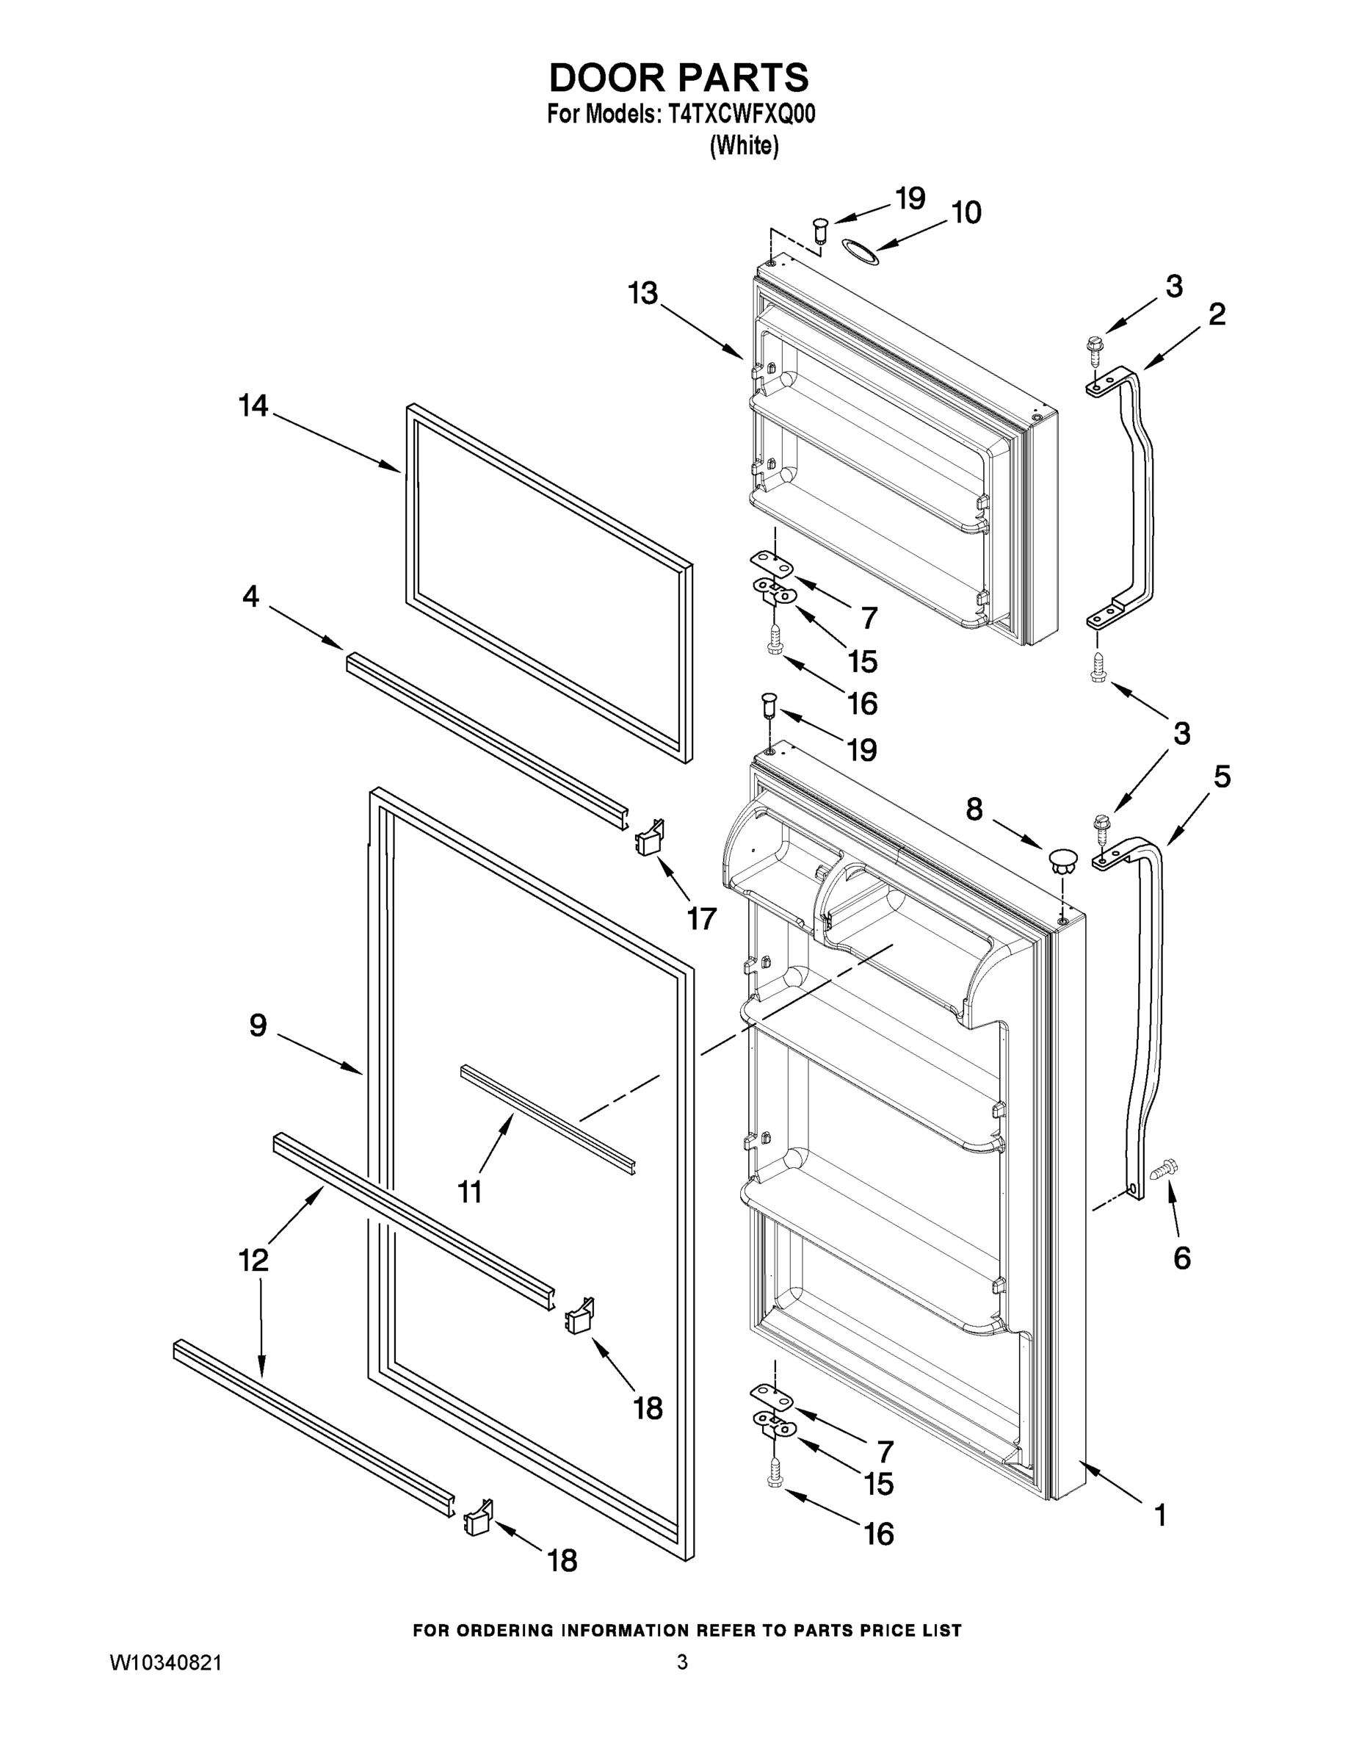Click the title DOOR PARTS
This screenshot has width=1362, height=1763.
coord(678,79)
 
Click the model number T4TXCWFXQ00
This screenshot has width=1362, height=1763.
coord(741,115)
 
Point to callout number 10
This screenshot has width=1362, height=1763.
coord(966,212)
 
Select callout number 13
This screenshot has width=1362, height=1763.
coord(643,293)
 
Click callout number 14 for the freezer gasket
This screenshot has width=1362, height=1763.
coord(253,405)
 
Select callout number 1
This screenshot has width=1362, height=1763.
coord(1160,1515)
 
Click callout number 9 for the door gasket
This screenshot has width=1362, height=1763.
coord(258,1025)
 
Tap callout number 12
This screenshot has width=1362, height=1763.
coord(253,1259)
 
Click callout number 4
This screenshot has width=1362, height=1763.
coord(251,596)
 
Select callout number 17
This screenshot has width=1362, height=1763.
coord(701,917)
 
